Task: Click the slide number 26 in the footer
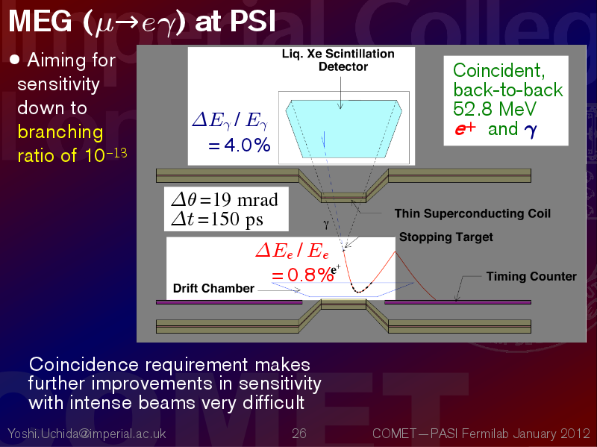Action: [299, 434]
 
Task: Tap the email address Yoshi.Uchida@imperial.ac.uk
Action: [87, 434]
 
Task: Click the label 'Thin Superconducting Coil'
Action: [472, 213]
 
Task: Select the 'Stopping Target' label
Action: [446, 237]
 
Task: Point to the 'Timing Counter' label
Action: [531, 276]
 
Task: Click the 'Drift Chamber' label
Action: [213, 288]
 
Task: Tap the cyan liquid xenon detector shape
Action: [344, 129]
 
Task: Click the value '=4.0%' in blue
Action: [240, 145]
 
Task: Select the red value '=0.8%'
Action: [303, 275]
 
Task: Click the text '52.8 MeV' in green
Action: [495, 109]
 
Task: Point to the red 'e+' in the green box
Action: [465, 129]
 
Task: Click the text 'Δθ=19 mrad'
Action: [225, 200]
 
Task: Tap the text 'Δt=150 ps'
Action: [217, 219]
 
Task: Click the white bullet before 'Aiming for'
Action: [14, 60]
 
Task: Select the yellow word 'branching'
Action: [60, 133]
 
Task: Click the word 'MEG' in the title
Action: [40, 21]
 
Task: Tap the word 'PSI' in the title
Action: [253, 21]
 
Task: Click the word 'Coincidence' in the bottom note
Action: [84, 365]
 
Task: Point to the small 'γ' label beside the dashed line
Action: [326, 225]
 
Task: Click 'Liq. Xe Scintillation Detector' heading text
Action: [338, 60]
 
